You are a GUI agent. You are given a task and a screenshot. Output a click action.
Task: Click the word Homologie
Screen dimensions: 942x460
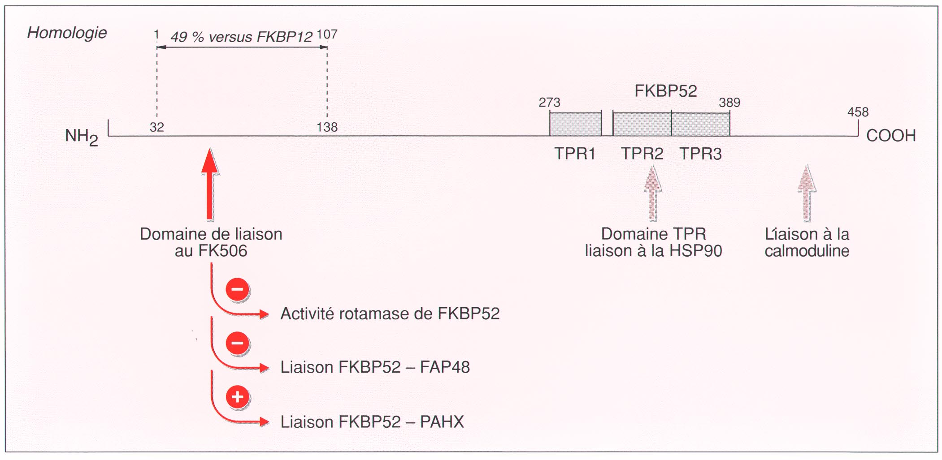67,33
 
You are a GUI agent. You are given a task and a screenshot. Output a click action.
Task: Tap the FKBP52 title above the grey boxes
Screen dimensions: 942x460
665,91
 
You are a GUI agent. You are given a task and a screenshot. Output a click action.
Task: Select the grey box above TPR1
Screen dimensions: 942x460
575,125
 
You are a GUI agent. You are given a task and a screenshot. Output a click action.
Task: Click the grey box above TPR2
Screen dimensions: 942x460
642,125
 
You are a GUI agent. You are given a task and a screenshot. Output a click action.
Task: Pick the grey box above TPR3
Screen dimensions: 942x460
701,125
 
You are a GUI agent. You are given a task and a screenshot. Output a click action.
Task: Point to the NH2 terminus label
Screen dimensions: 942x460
81,137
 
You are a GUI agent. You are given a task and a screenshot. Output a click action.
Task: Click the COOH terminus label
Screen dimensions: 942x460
891,135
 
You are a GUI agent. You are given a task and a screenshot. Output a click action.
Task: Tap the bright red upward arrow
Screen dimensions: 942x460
210,184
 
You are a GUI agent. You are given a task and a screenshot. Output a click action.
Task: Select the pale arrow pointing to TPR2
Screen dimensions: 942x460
653,193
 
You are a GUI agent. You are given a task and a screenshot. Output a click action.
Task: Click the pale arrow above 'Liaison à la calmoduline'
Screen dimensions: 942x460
807,193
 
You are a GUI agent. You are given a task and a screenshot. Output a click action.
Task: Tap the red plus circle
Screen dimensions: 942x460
238,397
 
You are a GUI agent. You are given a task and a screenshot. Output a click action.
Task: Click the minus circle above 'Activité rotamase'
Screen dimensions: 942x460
238,289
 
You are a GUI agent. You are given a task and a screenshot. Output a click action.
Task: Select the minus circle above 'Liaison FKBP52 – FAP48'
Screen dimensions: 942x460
238,343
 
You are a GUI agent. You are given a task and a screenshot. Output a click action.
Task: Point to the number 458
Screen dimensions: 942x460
858,112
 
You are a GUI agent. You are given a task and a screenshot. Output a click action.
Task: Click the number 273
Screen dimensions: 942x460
549,103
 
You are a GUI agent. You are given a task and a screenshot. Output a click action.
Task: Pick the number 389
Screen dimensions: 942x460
729,103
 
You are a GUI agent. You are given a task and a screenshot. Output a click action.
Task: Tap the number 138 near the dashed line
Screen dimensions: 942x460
327,127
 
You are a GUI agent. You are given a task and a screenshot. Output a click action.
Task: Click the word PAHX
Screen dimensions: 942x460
442,422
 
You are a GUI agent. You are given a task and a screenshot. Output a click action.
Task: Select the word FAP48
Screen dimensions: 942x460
445,367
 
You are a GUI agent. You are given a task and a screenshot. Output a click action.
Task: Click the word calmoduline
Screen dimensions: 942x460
807,251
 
